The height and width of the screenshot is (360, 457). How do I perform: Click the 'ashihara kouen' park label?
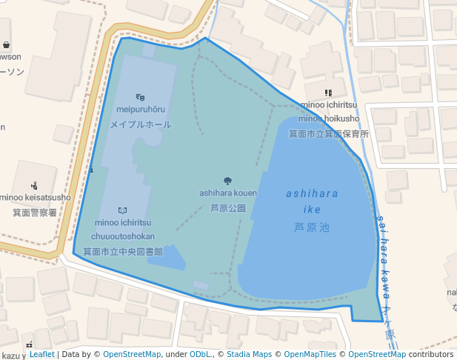(227, 193)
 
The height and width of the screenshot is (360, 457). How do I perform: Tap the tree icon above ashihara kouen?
(227, 181)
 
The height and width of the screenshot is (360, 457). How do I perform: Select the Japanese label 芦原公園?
(227, 208)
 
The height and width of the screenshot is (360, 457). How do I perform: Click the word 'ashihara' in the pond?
(312, 194)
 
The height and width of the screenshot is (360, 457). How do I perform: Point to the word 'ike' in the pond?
(312, 210)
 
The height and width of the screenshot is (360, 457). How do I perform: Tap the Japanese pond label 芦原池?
(312, 227)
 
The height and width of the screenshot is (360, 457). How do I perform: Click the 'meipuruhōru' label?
(141, 110)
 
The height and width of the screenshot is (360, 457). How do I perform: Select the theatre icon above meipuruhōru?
(141, 97)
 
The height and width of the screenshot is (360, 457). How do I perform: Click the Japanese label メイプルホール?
(141, 124)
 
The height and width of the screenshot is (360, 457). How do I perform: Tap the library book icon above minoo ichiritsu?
(123, 211)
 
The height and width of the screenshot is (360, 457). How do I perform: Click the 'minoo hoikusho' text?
(329, 119)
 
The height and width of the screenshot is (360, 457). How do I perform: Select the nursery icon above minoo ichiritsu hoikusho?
(328, 93)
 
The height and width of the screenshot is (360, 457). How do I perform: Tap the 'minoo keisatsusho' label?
(35, 197)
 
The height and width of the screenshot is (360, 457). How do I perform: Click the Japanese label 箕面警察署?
(35, 213)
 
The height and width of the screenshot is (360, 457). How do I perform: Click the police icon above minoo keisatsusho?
(34, 185)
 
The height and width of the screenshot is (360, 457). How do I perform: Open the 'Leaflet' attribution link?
(41, 355)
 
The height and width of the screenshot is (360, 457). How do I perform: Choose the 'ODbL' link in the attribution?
(200, 355)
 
